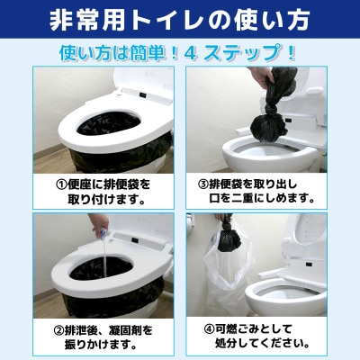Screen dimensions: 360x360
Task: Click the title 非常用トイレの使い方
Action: coord(180,18)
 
